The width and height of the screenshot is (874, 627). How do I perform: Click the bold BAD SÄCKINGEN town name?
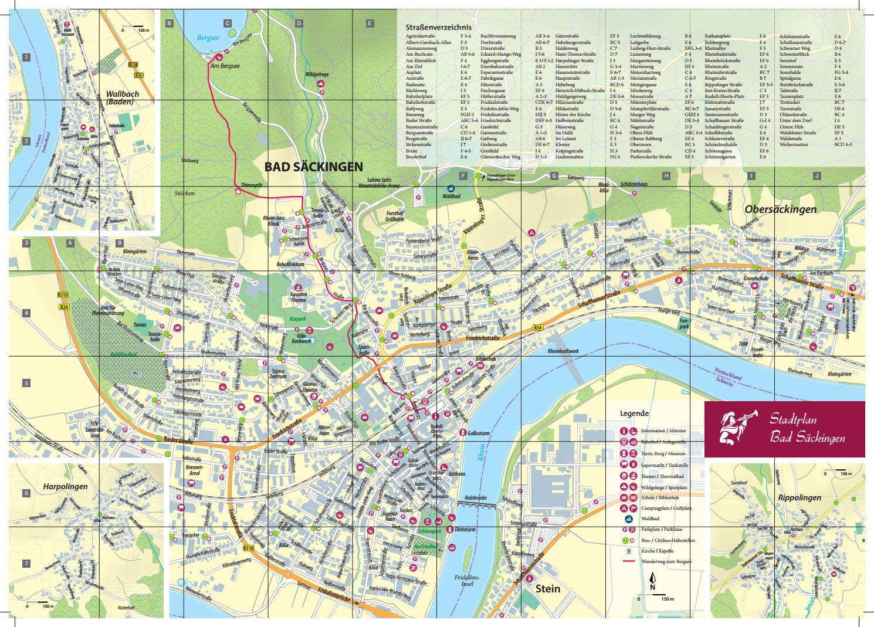point(313,167)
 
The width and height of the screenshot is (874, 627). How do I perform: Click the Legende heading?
point(634,413)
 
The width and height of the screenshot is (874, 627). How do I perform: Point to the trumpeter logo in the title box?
point(736,429)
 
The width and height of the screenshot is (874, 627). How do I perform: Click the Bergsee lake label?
point(207,36)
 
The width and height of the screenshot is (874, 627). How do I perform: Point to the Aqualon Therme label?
point(299,297)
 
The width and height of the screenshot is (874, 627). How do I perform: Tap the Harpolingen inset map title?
point(65,487)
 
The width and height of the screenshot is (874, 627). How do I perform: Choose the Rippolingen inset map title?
point(799,498)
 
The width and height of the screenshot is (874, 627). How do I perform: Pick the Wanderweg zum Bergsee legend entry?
point(666,561)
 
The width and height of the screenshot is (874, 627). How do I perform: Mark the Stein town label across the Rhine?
point(547,588)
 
